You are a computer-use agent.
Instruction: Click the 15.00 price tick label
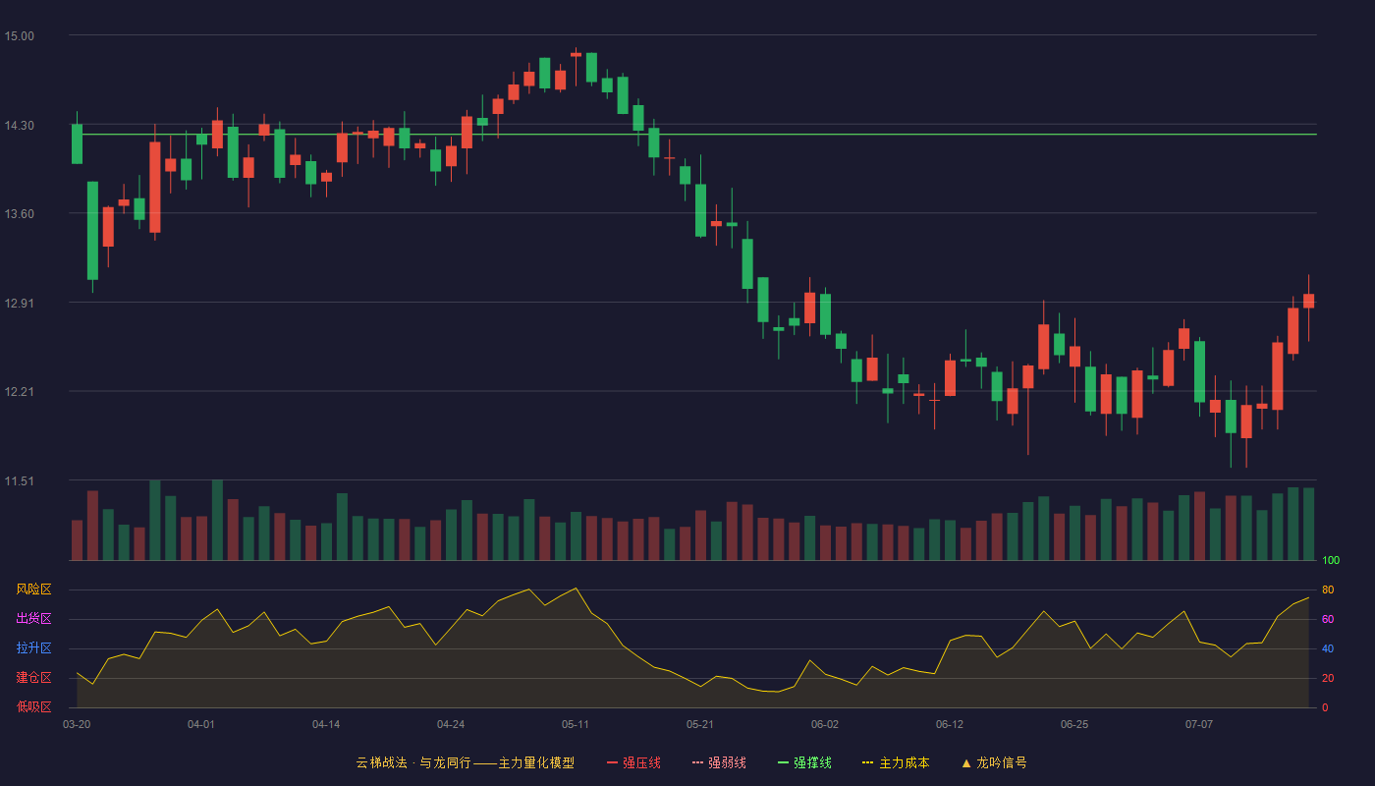19,36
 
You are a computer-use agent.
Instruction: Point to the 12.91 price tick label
19,304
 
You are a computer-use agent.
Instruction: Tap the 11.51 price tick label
19,481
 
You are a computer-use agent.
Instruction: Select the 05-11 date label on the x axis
576,725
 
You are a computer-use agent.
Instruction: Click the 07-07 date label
1199,725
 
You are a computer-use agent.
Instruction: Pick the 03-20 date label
77,725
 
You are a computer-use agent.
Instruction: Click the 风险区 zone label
33,589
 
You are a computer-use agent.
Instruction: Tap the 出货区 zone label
33,618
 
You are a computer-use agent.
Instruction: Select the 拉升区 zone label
33,647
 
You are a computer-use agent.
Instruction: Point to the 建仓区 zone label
33,677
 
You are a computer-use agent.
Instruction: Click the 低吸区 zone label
33,706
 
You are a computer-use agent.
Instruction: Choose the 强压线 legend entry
633,762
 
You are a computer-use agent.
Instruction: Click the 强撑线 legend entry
804,762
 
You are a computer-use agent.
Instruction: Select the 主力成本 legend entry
896,762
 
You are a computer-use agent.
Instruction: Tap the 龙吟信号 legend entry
994,762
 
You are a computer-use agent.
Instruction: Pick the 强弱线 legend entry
719,762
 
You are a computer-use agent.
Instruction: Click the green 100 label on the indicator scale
1331,560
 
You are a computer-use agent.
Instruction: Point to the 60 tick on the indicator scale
1328,619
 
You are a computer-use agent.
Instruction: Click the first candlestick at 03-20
77,143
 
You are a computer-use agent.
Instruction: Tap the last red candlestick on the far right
1308,301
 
